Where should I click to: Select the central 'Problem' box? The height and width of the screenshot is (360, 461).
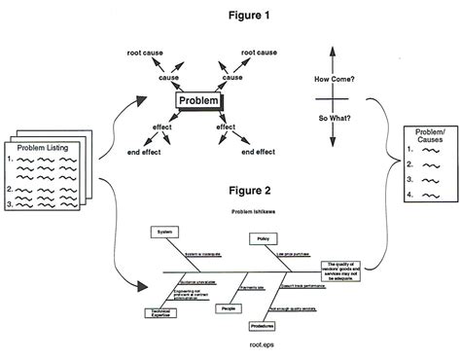(x=199, y=101)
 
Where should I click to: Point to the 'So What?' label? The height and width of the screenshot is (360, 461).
(x=333, y=119)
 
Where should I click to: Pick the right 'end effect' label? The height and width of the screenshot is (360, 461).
(x=258, y=152)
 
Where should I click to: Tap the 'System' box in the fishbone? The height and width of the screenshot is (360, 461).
(x=163, y=232)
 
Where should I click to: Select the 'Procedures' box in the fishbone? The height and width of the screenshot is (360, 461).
(x=263, y=325)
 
